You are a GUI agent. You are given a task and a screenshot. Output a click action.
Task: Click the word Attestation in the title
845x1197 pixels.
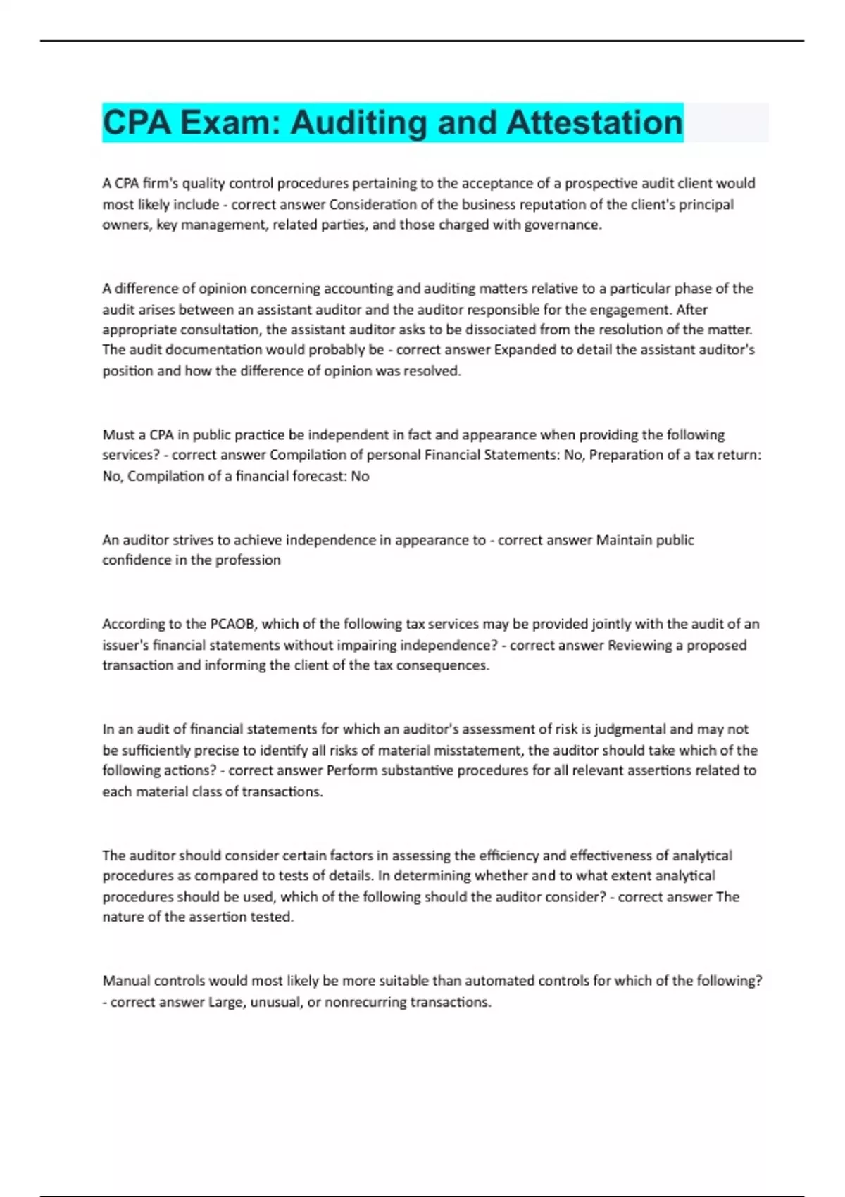(x=594, y=123)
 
